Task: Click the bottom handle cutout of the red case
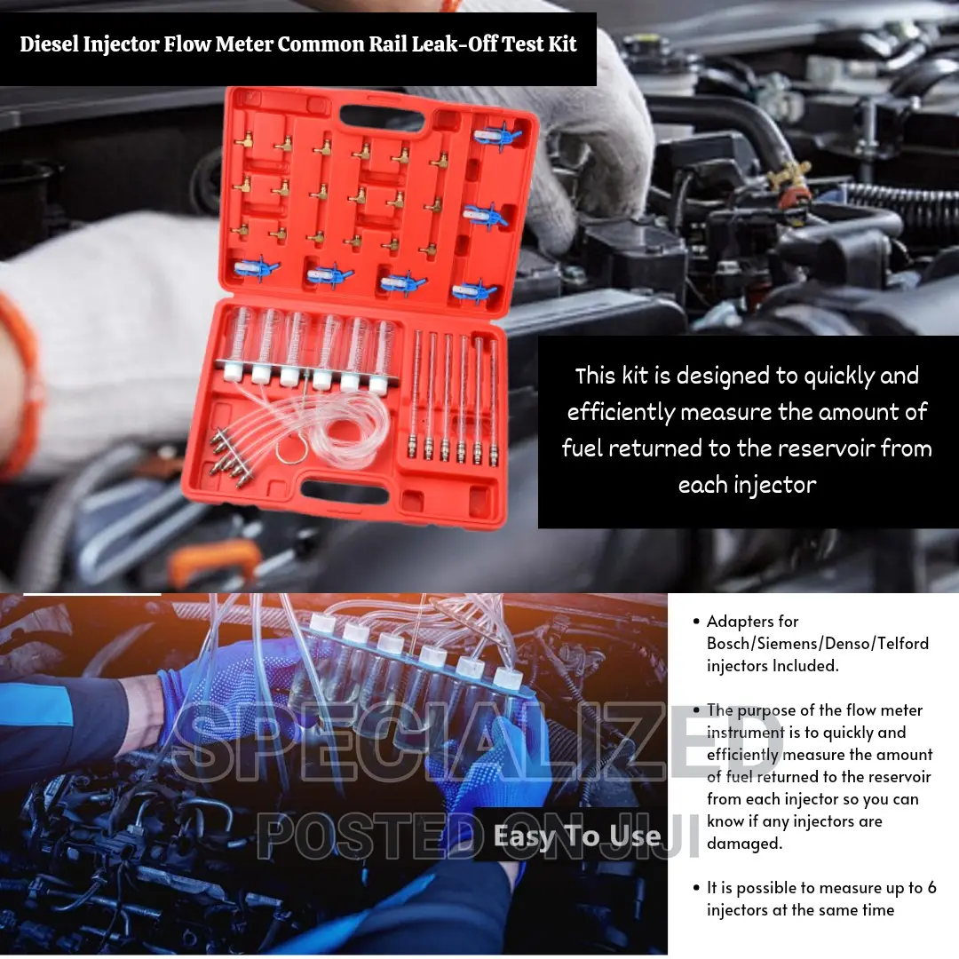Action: (345, 489)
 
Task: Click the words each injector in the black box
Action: (747, 485)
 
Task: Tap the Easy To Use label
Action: (576, 836)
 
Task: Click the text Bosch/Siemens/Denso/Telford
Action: (817, 643)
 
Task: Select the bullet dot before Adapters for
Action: (695, 621)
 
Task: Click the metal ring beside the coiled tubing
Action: (289, 450)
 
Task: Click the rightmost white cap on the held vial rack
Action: (508, 677)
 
